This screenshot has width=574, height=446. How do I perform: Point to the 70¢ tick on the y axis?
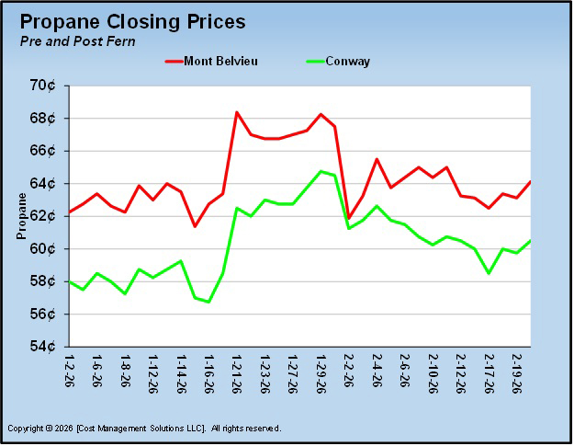click(x=43, y=86)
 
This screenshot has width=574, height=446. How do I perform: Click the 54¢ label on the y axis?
click(x=43, y=347)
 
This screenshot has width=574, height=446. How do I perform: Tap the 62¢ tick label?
click(x=43, y=216)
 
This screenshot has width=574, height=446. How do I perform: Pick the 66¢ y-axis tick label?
click(x=43, y=151)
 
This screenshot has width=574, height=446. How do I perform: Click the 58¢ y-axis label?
click(x=43, y=281)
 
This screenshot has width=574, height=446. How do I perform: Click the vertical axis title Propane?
click(x=19, y=217)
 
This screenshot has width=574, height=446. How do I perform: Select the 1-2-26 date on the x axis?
click(x=70, y=372)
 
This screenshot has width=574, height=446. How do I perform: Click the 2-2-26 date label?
click(x=348, y=372)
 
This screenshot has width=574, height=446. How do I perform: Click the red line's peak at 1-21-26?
click(x=237, y=112)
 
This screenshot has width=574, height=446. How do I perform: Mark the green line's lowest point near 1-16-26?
click(x=208, y=302)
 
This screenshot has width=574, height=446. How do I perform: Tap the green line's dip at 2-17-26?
click(x=489, y=273)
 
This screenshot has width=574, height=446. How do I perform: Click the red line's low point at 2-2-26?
click(x=348, y=218)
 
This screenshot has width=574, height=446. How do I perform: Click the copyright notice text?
click(x=144, y=429)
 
